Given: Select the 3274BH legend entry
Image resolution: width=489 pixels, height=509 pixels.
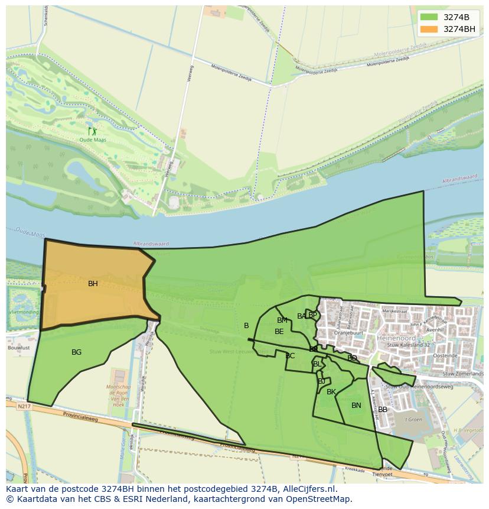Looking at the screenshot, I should click(448, 29).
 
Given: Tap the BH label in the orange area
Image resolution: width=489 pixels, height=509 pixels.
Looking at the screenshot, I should click(93, 284).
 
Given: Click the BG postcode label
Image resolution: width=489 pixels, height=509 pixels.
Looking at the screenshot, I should click(76, 352).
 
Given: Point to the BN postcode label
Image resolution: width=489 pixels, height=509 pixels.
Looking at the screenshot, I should click(356, 406).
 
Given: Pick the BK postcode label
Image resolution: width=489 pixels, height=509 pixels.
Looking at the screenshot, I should click(331, 392).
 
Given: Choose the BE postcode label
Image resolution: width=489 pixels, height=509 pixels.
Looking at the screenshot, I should click(279, 332).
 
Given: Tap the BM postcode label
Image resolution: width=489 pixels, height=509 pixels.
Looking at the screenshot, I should click(282, 320).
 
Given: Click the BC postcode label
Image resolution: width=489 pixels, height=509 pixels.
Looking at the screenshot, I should click(290, 356).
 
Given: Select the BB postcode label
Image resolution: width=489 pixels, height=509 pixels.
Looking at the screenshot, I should click(383, 410).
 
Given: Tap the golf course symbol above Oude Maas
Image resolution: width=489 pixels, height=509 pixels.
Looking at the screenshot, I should click(92, 131).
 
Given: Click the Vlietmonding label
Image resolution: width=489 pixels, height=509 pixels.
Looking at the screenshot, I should click(24, 312).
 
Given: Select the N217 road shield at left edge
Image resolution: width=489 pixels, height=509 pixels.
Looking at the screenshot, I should click(24, 406).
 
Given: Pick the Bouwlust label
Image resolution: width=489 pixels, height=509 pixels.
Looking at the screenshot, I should click(19, 348).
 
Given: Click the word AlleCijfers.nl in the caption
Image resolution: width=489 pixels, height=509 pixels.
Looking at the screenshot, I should click(308, 489).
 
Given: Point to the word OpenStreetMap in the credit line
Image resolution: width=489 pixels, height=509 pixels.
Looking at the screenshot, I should click(320, 499).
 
